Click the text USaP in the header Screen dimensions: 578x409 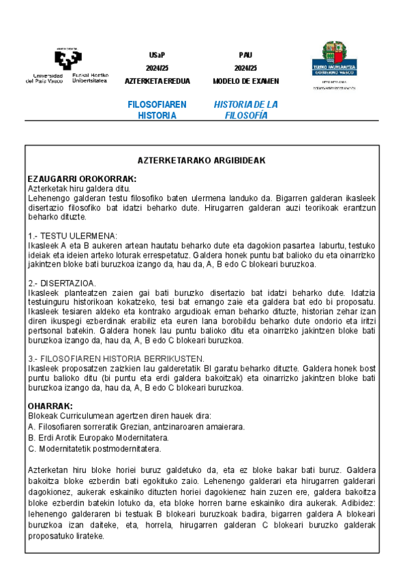pos(157,55)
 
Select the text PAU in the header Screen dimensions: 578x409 pos(245,55)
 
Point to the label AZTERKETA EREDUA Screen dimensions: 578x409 pos(157,81)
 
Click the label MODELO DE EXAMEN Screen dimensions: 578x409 pos(245,81)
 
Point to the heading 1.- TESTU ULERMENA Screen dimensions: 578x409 pos(73,235)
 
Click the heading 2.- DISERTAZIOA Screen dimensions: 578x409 pos(62,282)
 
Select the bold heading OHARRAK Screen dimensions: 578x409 pos(50,406)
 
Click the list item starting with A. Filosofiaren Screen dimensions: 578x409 pos(136,427)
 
